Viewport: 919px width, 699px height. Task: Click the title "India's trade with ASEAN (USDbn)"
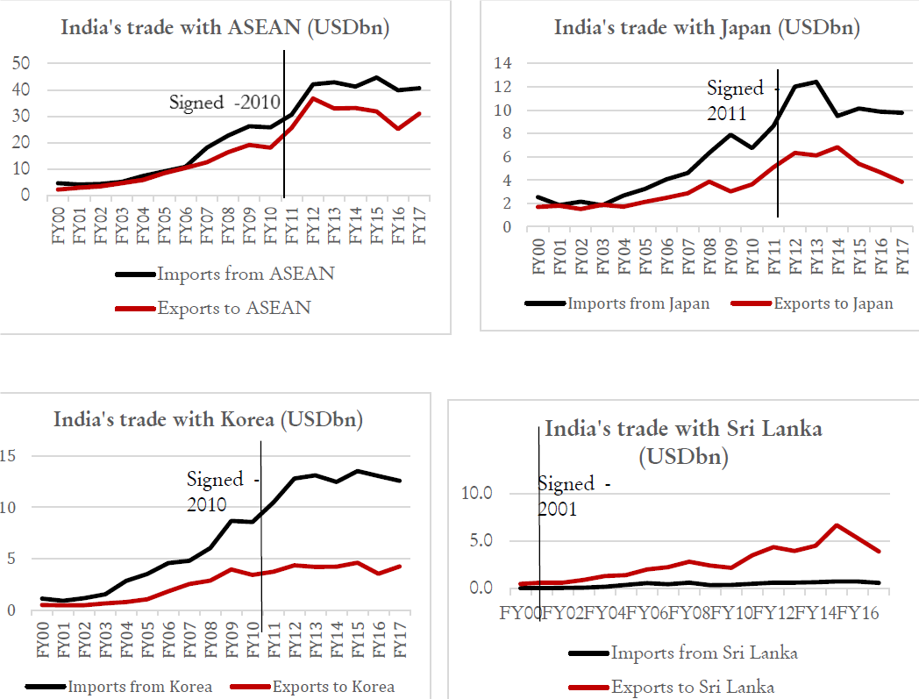(x=224, y=27)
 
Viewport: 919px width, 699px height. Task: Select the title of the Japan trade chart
(x=707, y=27)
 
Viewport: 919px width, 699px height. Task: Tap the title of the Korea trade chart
(x=208, y=419)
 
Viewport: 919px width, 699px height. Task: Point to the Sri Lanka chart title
(x=683, y=442)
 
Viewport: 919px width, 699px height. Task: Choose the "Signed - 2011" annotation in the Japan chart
(x=735, y=100)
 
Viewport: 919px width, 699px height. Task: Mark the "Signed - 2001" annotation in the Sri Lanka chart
(x=572, y=496)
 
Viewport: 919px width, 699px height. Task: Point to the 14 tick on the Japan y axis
(x=502, y=63)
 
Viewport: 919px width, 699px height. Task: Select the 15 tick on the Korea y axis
(x=8, y=455)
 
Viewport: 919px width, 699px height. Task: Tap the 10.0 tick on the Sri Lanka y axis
(x=476, y=493)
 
